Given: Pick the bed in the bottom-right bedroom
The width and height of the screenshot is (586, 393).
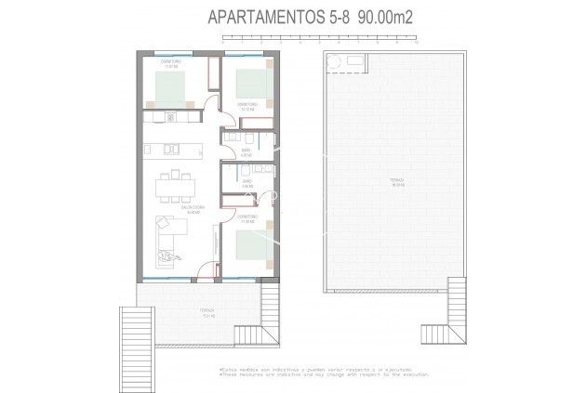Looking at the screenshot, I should click(251, 246).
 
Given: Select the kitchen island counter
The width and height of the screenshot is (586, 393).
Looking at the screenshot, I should click(173, 149).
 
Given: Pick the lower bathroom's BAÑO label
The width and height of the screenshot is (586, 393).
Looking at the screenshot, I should click(246, 183).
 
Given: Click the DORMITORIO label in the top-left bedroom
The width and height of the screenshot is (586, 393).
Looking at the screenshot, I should click(169, 63).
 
